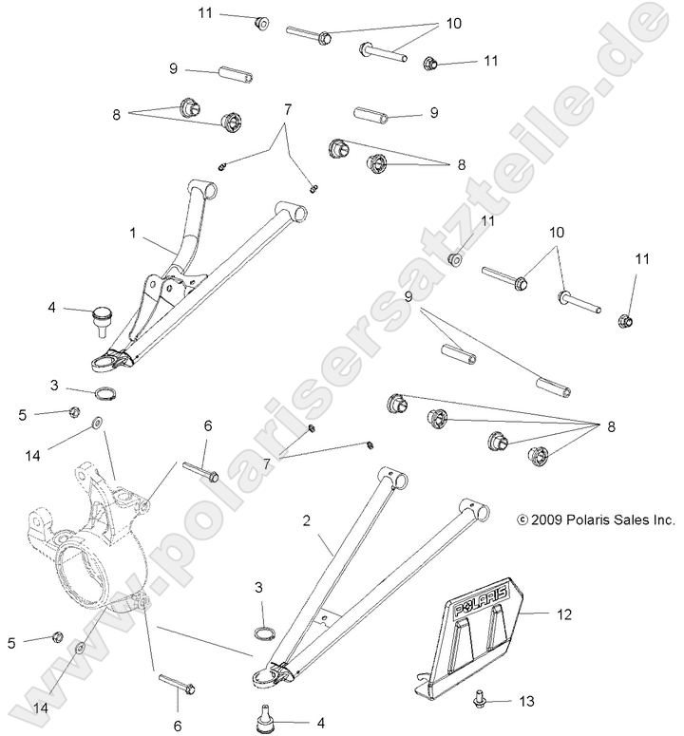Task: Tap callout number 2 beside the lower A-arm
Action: coord(306,521)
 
